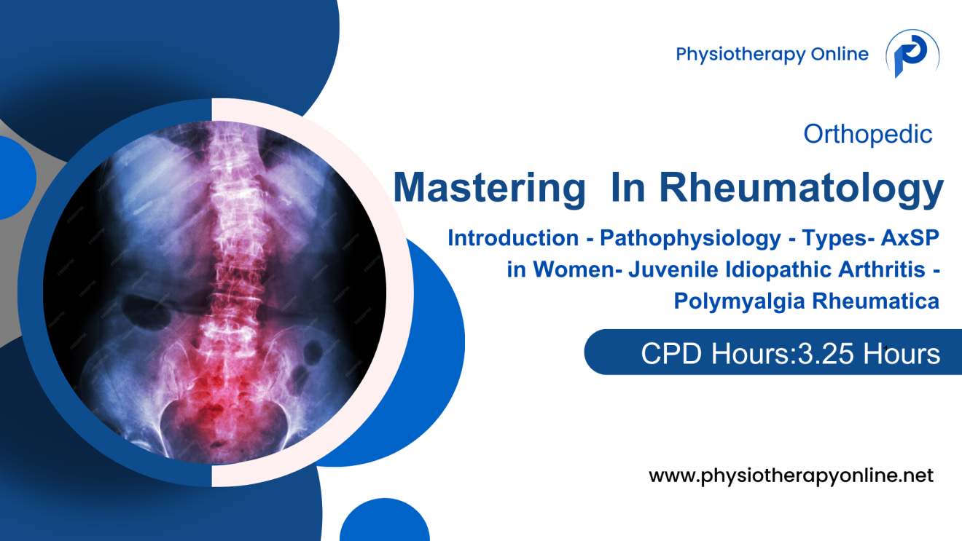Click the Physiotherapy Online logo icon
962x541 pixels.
point(912,55)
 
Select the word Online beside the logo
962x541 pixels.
point(840,55)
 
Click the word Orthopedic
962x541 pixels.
point(867,134)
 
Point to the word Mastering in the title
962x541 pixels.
point(489,188)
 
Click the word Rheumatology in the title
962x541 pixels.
point(802,188)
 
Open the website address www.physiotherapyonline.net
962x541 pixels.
point(791,477)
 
